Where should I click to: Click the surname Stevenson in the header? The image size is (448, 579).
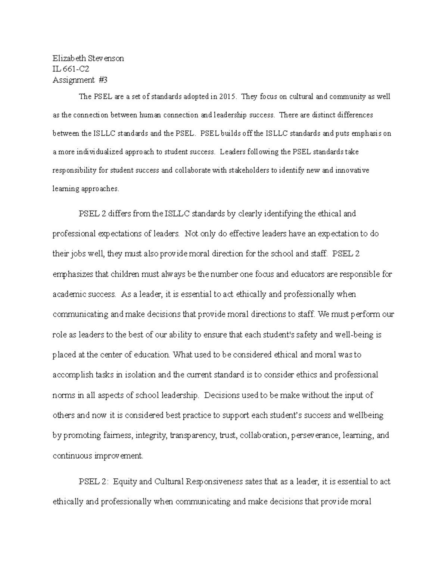(106, 58)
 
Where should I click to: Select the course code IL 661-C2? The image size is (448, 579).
(71, 69)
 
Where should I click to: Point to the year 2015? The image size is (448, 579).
(228, 97)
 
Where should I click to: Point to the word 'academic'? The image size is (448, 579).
(69, 295)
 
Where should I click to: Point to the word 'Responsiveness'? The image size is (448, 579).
(214, 482)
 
